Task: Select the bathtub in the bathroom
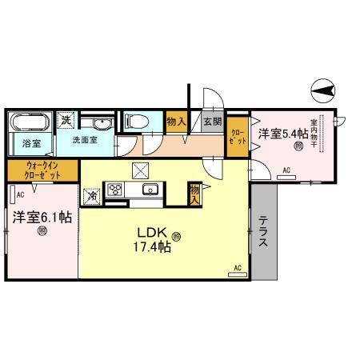pos(30,125)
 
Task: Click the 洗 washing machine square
pos(67,119)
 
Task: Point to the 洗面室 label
pos(86,139)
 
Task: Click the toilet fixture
pos(134,122)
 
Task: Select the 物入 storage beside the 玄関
pos(176,122)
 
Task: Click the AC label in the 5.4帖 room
pos(286,170)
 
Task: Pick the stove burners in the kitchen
pos(115,190)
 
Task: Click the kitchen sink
pos(149,190)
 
